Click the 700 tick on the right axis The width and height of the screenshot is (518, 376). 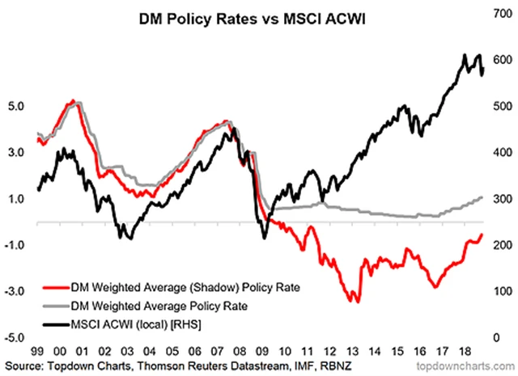[x=495, y=14]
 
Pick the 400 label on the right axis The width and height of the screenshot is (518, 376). [x=495, y=152]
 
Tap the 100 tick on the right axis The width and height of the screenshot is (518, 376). [x=495, y=290]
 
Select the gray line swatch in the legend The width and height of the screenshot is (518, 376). [x=54, y=306]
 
